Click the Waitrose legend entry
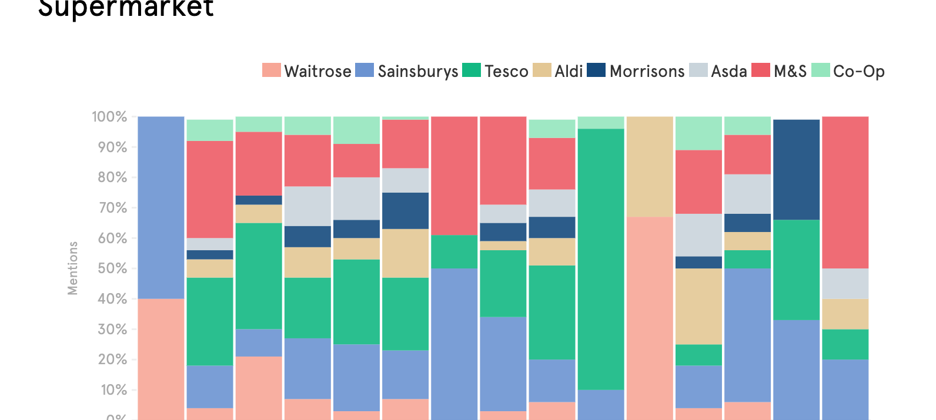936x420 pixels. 317,71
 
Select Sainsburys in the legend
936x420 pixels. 417,71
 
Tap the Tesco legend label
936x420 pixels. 506,71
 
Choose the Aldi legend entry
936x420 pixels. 568,71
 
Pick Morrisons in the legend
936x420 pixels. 647,71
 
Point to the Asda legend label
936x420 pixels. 728,71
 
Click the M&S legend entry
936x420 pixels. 790,71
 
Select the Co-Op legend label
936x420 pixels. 858,71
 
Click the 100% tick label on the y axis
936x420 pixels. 109,117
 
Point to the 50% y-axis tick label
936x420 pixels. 112,268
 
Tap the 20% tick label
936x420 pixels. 112,359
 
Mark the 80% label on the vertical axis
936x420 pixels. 112,177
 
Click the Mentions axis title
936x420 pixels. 73,268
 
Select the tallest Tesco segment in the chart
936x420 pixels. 601,258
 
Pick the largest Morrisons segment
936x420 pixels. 796,170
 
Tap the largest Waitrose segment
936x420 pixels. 650,318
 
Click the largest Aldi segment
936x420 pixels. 650,167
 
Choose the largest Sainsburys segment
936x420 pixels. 161,207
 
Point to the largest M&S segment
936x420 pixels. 845,193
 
